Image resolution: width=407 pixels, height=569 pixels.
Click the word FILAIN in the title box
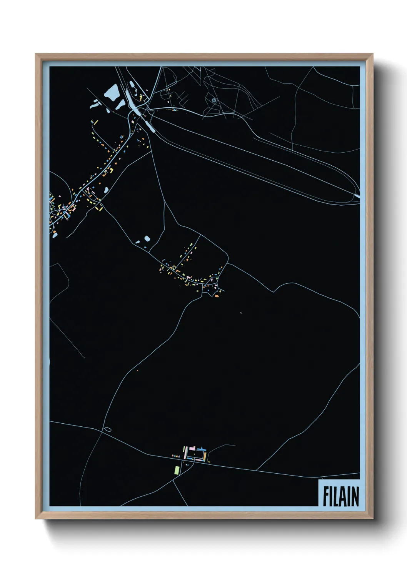(340, 496)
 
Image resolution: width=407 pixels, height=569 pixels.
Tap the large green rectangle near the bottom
(177, 470)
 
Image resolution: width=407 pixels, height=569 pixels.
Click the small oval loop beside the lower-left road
(108, 429)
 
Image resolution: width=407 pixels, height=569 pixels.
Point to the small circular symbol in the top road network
(214, 100)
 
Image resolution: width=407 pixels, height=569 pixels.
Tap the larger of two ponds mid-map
(147, 239)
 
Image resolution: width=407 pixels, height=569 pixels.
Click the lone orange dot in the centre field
(240, 313)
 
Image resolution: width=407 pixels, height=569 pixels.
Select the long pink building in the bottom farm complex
(185, 453)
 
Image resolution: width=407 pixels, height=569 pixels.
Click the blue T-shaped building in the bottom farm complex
(201, 448)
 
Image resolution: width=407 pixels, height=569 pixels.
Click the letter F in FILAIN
(325, 496)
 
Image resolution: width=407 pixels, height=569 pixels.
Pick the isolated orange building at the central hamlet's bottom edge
(217, 296)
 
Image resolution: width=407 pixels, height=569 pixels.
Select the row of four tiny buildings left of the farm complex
(175, 456)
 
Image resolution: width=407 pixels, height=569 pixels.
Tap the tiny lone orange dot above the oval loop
(137, 371)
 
